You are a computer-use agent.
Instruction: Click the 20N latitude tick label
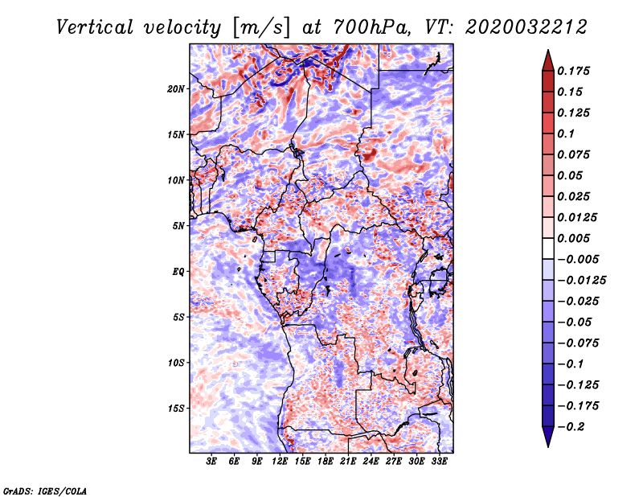175,89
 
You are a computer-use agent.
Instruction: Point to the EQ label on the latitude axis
178,272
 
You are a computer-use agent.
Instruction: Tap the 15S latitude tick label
175,409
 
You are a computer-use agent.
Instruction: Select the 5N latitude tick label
178,226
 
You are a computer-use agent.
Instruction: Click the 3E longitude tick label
211,462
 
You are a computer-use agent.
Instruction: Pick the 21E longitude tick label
348,462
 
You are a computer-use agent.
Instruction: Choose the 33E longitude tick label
439,462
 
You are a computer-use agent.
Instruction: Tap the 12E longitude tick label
279,462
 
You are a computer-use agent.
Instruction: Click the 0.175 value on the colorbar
573,71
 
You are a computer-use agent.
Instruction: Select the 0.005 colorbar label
573,238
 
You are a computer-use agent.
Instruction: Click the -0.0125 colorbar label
581,281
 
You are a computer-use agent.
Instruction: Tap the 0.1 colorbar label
566,133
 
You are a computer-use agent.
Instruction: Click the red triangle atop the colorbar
548,60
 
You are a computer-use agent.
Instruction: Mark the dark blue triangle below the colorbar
548,437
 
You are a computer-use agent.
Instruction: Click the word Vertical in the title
95,27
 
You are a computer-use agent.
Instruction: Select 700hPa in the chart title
371,27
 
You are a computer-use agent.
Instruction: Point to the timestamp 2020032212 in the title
526,27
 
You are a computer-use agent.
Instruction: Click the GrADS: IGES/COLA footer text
45,491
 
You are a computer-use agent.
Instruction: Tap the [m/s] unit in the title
261,27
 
